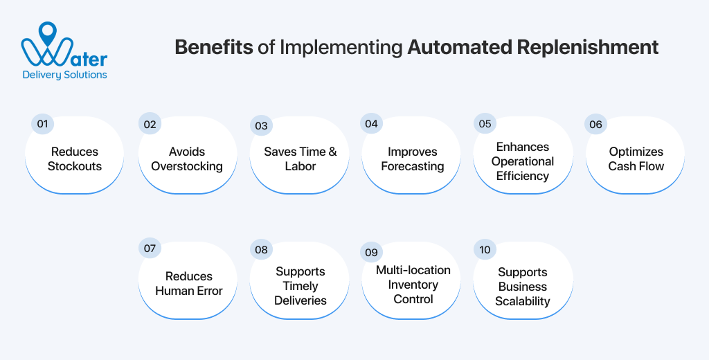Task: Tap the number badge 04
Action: (x=372, y=124)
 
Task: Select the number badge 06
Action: (x=595, y=125)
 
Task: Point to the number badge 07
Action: (x=149, y=248)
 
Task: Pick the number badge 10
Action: (x=484, y=249)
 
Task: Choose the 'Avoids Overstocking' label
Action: (x=187, y=159)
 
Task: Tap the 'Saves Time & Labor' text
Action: (x=300, y=159)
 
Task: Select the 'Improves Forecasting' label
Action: (x=412, y=159)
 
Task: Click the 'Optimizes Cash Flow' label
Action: (x=636, y=159)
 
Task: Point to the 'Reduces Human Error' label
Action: (x=188, y=284)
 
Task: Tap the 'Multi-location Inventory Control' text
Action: (x=413, y=285)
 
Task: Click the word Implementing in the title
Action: (x=337, y=47)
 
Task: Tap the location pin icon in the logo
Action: (x=47, y=32)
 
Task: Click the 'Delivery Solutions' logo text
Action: (x=64, y=75)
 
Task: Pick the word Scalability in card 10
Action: (x=523, y=301)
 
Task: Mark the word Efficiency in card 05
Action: (x=523, y=176)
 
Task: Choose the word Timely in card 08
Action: (x=300, y=286)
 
